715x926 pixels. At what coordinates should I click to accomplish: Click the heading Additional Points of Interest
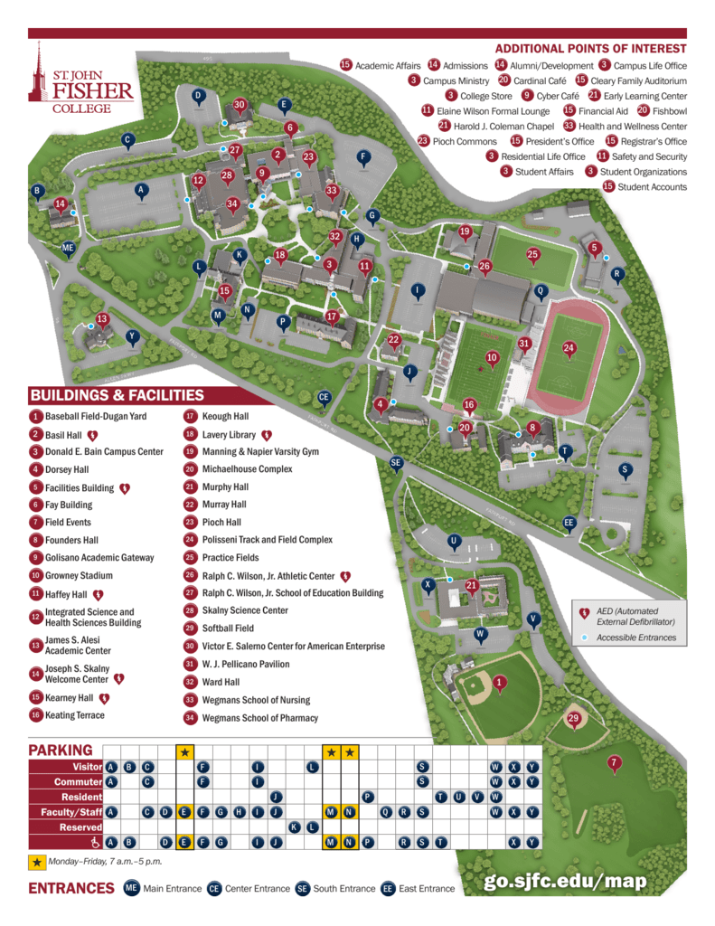click(x=590, y=49)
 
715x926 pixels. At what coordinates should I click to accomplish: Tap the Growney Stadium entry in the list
click(x=79, y=575)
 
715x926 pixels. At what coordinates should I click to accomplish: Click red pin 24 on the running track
click(x=569, y=347)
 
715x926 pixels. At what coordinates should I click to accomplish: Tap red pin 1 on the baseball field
click(x=500, y=683)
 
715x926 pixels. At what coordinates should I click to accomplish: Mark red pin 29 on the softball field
click(x=572, y=719)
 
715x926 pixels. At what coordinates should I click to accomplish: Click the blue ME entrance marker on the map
click(x=68, y=248)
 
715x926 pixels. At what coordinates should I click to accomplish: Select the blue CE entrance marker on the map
click(x=325, y=397)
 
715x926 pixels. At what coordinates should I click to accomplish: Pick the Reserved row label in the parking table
click(x=80, y=827)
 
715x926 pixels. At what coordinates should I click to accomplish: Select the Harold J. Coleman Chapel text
click(x=503, y=126)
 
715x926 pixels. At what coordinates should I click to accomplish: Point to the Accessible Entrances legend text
click(x=642, y=638)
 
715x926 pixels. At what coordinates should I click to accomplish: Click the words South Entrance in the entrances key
click(x=343, y=888)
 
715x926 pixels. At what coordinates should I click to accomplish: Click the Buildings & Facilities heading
click(x=117, y=395)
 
